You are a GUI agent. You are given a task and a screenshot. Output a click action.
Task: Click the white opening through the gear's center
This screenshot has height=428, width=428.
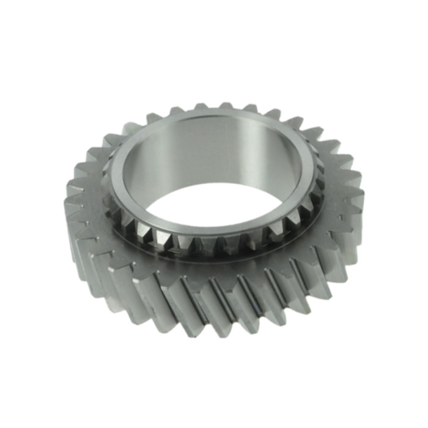(x=214, y=202)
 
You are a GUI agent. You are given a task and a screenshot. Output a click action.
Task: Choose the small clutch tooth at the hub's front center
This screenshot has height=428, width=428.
(x=214, y=245)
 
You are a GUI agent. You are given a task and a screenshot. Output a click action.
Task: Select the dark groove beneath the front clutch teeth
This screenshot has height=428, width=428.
(x=214, y=257)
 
